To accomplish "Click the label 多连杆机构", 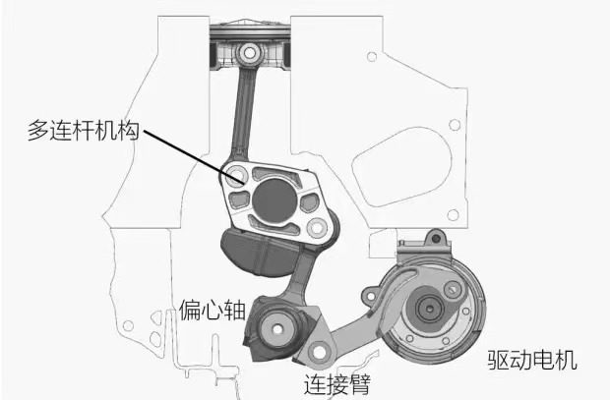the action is click(x=84, y=130).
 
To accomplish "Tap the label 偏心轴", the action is click(x=213, y=311).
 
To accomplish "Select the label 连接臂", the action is click(x=337, y=384).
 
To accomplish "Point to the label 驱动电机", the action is click(x=532, y=360).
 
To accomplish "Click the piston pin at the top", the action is click(x=249, y=52).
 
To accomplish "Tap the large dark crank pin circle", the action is click(x=274, y=200).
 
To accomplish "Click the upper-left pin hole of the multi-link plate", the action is click(x=236, y=175).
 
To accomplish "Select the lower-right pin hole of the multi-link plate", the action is click(x=317, y=227).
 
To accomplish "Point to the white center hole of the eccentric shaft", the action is click(x=277, y=329).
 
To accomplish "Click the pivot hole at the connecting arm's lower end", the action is click(x=320, y=353).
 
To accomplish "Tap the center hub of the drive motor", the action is click(x=430, y=309).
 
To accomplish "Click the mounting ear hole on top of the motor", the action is click(x=437, y=237).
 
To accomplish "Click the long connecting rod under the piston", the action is click(x=243, y=113).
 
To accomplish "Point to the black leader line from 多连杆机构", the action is click(x=194, y=156).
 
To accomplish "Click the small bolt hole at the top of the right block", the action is click(x=372, y=57).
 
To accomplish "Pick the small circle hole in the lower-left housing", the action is click(x=128, y=325).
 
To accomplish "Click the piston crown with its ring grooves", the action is click(x=250, y=31).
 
